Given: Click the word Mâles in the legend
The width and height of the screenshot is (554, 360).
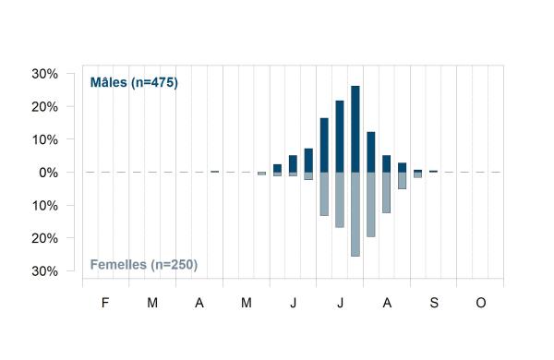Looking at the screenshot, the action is [108, 82].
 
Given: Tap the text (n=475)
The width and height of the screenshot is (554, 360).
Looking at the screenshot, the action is [154, 83].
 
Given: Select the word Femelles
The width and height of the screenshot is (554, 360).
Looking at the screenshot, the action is [118, 265].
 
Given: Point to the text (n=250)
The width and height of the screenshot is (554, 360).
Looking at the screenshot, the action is [174, 265].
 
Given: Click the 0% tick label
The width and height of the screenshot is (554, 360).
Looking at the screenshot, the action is [48, 173].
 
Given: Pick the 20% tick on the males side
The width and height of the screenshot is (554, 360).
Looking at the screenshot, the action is [44, 107].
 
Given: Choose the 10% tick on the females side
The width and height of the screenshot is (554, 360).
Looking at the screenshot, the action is [44, 206].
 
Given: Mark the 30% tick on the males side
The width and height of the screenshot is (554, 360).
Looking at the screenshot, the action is [44, 74].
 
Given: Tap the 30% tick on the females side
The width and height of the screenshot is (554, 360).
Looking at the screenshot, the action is [44, 271].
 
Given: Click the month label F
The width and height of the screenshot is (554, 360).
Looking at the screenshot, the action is [105, 303].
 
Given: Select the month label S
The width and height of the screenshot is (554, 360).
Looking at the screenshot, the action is [434, 303].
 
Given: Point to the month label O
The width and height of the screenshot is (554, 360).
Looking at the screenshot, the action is [481, 303].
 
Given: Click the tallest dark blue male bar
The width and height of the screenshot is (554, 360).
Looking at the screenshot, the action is [355, 129].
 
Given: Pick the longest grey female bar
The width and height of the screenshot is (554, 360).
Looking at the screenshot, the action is [355, 214].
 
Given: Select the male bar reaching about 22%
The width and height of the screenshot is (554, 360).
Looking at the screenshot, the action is [340, 137].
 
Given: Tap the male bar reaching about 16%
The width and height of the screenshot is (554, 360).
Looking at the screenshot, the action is [324, 145].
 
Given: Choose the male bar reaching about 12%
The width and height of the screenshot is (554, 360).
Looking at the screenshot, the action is [371, 152].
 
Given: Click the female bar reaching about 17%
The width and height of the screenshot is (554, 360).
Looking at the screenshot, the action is [340, 200].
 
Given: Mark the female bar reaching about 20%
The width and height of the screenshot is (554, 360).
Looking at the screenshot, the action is [371, 205].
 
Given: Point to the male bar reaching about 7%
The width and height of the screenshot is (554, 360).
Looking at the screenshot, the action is [308, 161].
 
